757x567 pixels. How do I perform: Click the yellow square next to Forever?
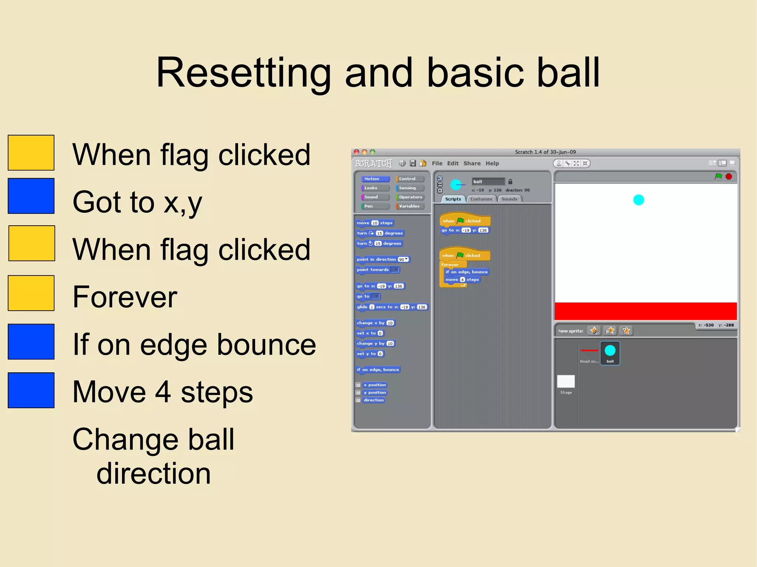[31, 293]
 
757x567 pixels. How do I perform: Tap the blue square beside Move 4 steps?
[31, 390]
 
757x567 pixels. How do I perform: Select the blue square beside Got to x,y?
[31, 196]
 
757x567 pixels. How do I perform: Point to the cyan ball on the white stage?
[638, 200]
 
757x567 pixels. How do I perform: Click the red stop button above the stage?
[729, 177]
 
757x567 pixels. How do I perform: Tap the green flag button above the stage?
[718, 177]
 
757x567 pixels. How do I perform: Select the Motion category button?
[374, 179]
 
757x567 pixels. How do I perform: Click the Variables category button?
[410, 206]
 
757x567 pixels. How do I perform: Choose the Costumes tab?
[481, 199]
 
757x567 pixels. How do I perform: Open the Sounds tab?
[509, 199]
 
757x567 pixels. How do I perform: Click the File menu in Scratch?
[437, 163]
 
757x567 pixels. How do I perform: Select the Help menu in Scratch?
[492, 163]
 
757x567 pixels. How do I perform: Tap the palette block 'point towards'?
[373, 270]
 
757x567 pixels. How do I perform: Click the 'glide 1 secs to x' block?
[377, 307]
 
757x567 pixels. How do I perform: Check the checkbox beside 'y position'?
[358, 392]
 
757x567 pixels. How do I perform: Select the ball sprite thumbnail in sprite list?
[610, 353]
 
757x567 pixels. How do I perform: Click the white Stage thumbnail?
[566, 382]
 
